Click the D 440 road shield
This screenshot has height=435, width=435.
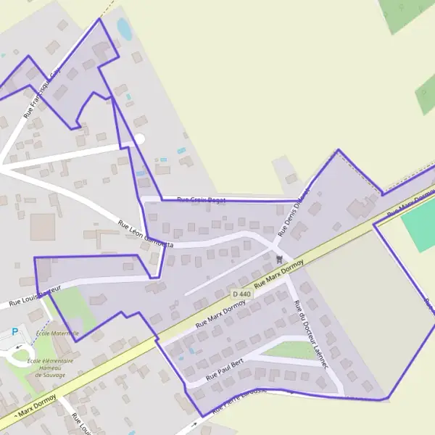coord(242,294)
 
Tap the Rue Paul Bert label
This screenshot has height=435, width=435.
coord(224,369)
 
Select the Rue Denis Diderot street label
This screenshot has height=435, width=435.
coord(293,212)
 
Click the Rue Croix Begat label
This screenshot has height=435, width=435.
coord(202,199)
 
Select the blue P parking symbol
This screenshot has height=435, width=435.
coord(16,332)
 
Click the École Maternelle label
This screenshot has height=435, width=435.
coord(57,333)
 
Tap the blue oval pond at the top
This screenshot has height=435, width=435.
coord(125,30)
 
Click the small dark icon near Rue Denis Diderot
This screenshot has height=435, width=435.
coord(280,258)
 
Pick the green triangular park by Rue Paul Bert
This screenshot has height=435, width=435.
coord(290,349)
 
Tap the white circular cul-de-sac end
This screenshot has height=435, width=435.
coord(139,138)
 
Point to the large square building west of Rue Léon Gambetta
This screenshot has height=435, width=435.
coord(43,225)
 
